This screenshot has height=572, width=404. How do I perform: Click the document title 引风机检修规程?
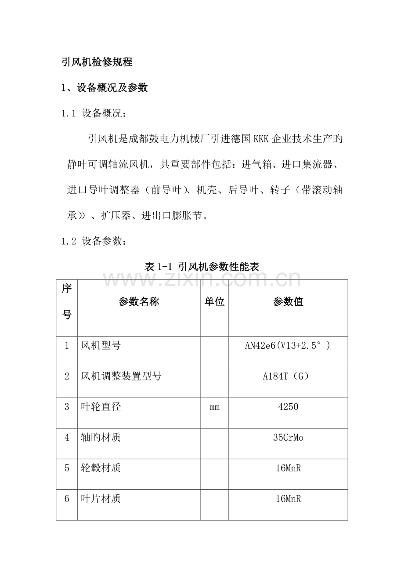[x=97, y=62]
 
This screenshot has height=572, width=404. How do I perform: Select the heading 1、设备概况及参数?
[x=105, y=88]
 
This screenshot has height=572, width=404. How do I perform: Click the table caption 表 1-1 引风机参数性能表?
[x=202, y=266]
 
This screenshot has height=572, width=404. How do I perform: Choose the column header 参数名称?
[x=139, y=302]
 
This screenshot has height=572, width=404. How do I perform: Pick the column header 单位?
[x=214, y=302]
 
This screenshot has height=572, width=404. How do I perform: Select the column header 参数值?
[x=288, y=302]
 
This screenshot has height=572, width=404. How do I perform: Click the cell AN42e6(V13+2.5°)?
[x=288, y=346]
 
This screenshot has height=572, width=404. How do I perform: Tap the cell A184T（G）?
[x=288, y=377]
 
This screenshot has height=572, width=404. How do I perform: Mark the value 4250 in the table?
[x=288, y=407]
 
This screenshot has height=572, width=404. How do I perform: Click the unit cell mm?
[x=214, y=407]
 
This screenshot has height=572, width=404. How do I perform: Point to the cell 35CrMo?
[x=288, y=438]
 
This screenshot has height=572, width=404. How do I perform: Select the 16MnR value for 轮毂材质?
[x=288, y=468]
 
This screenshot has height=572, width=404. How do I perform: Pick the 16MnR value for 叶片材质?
[x=288, y=499]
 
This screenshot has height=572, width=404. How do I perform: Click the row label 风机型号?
[x=101, y=346]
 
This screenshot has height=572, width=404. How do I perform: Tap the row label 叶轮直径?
[x=101, y=407]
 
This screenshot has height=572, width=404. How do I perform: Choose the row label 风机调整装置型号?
[x=121, y=377]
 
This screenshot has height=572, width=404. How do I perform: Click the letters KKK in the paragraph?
[x=261, y=139]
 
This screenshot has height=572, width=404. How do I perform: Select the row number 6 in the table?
[x=67, y=499]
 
